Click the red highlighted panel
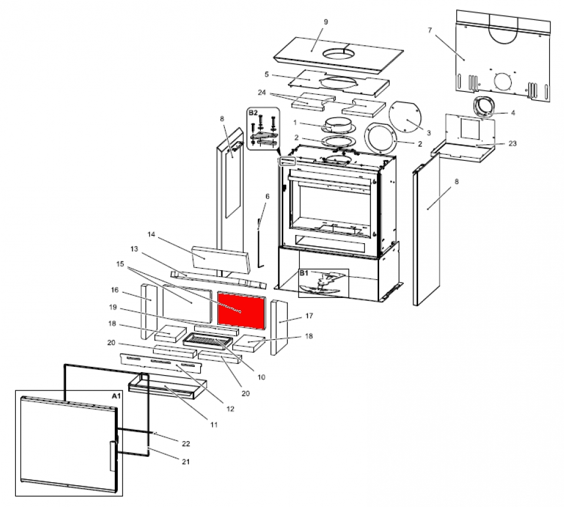click(x=241, y=309)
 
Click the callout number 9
click(x=326, y=22)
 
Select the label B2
click(x=253, y=112)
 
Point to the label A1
click(x=116, y=396)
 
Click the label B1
click(x=304, y=273)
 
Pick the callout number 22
click(x=186, y=443)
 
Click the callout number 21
click(x=186, y=462)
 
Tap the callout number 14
click(x=151, y=234)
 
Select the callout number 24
click(x=262, y=92)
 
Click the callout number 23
click(x=512, y=143)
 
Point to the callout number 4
click(x=513, y=112)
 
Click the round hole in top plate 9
click(x=339, y=55)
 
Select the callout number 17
click(x=308, y=316)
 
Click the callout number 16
click(x=114, y=290)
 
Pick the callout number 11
click(x=214, y=424)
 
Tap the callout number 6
click(x=267, y=196)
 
